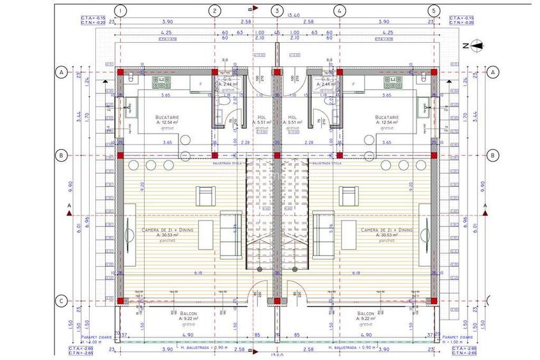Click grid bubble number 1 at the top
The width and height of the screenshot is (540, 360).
pos(121,11)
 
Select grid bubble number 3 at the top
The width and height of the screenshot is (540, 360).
pos(276,11)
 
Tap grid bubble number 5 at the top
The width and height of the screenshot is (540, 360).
pos(434,11)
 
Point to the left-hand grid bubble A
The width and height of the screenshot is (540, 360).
pos(63,72)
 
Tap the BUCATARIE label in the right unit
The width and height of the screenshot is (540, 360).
pos(387,118)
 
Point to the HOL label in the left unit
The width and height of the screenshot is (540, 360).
pos(261,118)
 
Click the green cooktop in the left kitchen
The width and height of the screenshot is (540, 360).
pos(159,81)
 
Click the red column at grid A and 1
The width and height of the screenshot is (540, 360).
pos(120,72)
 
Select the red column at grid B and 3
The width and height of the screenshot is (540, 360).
pos(276,155)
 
